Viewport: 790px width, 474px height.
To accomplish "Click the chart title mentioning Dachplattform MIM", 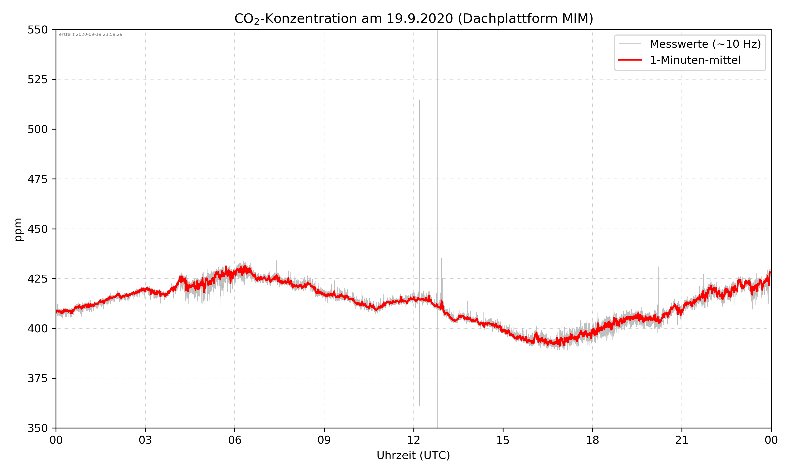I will (x=413, y=18).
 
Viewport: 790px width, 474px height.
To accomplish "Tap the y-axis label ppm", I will (x=18, y=229).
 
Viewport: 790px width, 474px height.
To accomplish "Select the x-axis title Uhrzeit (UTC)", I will (x=413, y=455).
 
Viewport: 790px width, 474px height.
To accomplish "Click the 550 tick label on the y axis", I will (x=37, y=30).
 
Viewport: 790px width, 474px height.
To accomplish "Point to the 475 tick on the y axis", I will (x=37, y=179).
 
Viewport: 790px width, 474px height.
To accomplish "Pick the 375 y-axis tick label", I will (x=37, y=378).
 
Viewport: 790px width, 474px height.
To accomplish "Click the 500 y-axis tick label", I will (x=37, y=129).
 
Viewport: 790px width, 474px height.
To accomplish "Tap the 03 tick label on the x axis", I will (x=145, y=440).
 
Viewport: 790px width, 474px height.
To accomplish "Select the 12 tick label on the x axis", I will (x=413, y=440).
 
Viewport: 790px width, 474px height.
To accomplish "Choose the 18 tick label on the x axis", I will (x=592, y=440).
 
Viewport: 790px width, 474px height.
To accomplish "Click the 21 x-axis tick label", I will (x=682, y=440).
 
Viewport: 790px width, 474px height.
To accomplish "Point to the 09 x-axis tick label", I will (x=324, y=440).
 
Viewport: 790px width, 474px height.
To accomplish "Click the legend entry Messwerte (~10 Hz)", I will (x=705, y=44).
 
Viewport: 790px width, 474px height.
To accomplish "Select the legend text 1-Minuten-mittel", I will (x=695, y=60).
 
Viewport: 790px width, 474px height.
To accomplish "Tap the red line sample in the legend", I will (x=630, y=60).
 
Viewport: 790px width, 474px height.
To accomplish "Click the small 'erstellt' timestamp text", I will (x=91, y=34).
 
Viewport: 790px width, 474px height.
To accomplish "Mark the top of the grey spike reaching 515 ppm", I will (x=419, y=100).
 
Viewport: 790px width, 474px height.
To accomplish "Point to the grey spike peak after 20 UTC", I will (x=658, y=267).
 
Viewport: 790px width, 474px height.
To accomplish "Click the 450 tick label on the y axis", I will (x=37, y=229).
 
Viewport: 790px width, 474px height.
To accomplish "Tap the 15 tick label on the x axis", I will (x=503, y=440).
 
